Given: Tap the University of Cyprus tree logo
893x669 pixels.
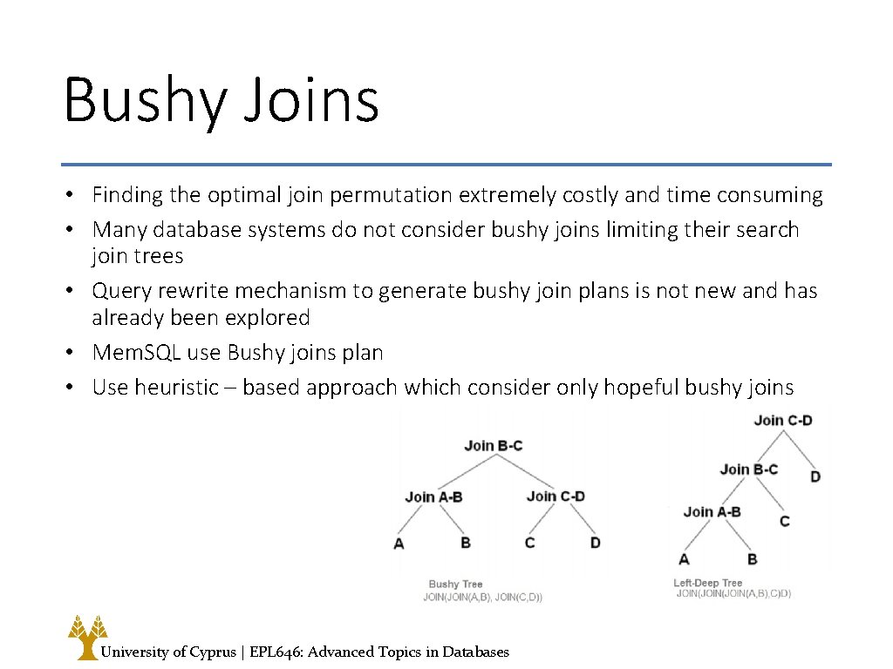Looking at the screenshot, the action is coord(87,637).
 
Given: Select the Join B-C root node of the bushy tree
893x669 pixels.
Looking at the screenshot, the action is coord(493,445).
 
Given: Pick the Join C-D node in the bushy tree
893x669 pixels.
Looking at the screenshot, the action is coord(556,496).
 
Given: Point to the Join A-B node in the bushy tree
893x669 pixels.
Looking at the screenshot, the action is coord(433,497).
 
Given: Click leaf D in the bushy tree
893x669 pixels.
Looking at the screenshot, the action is coord(595,543).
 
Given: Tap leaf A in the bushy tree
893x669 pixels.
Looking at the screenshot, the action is coord(399,544).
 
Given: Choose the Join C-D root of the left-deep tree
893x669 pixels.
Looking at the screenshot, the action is coord(782,420).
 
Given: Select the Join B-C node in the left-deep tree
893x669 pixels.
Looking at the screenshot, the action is coord(748,470).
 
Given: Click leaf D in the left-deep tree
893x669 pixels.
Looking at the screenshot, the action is coord(815,476).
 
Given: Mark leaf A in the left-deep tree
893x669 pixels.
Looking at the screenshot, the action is coord(684,558).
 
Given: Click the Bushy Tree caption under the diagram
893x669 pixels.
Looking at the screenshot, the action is coord(455,584).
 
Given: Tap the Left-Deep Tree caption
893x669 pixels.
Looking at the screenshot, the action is coord(707,583).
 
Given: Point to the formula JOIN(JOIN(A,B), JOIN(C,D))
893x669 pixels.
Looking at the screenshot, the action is coord(482,598).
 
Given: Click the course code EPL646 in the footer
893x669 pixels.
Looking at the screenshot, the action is coord(276,652).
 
